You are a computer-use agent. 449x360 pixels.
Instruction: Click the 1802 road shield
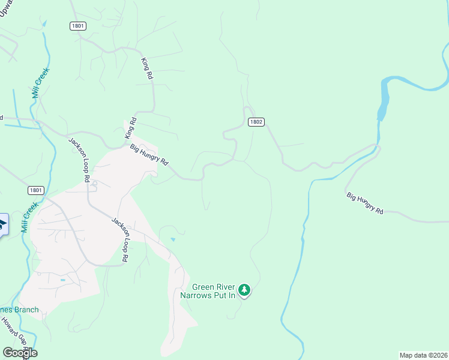tap(256, 122)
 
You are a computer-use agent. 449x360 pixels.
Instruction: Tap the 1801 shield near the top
tap(78, 26)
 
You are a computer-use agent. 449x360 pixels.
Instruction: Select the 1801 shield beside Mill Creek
tap(36, 190)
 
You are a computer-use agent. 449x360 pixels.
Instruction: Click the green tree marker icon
tap(244, 290)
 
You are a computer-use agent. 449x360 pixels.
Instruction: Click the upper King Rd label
tap(147, 69)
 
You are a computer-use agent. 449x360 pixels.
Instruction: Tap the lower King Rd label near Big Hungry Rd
tap(131, 128)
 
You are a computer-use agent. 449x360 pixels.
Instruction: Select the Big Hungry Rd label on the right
tap(365, 203)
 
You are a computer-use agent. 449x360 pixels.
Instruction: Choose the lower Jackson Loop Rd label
tap(120, 239)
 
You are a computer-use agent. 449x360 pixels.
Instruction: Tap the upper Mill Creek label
tap(40, 83)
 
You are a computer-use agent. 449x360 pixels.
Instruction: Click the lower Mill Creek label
tap(29, 217)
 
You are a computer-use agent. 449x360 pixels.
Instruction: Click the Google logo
tap(20, 352)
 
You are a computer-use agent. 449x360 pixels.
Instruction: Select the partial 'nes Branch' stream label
tap(19, 310)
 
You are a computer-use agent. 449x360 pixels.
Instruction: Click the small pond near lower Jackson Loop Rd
tap(173, 239)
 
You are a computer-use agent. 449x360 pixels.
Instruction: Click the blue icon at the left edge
tap(2, 225)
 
